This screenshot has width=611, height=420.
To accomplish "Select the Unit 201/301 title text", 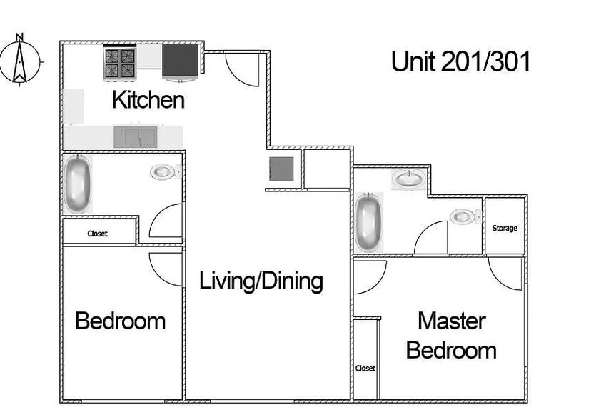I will [x=460, y=61].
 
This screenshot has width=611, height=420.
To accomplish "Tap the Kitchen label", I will [x=148, y=100].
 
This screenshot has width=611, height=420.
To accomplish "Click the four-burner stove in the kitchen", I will [x=119, y=63].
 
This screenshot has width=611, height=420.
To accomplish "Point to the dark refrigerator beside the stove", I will [x=180, y=61].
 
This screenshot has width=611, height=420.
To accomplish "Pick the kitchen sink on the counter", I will [x=135, y=136].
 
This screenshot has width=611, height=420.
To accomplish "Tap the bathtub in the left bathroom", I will [x=77, y=184].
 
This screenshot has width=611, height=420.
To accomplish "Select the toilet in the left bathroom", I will [x=164, y=172].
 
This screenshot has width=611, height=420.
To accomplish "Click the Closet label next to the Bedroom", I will [x=97, y=234].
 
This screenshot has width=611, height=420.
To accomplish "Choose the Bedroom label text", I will [x=120, y=321].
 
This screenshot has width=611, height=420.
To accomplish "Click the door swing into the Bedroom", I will [x=165, y=268].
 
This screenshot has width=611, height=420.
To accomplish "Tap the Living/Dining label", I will [x=261, y=281].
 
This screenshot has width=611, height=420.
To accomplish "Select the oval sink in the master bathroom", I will [x=408, y=179].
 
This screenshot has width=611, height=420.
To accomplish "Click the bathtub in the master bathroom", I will [x=368, y=221].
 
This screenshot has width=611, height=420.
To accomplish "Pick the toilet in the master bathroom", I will [x=463, y=216].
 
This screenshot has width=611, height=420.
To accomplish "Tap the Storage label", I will [x=505, y=229].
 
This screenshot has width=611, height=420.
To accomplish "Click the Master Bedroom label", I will [x=451, y=336].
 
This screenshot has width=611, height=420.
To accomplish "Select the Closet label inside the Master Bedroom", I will [x=365, y=369].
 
